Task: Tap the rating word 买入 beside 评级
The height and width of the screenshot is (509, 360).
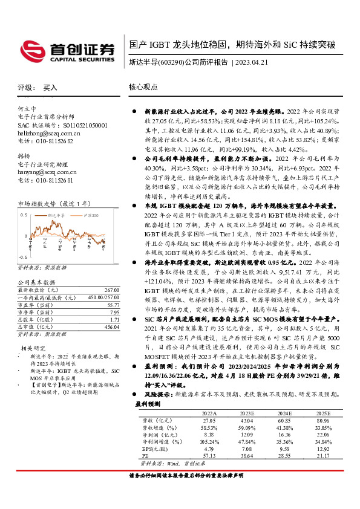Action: click(50, 88)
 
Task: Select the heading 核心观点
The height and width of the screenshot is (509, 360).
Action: click(143, 87)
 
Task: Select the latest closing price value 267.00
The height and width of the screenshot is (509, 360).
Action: click(110, 290)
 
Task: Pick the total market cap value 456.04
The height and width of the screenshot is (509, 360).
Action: click(111, 326)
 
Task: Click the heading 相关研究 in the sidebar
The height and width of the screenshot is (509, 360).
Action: click(32, 348)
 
